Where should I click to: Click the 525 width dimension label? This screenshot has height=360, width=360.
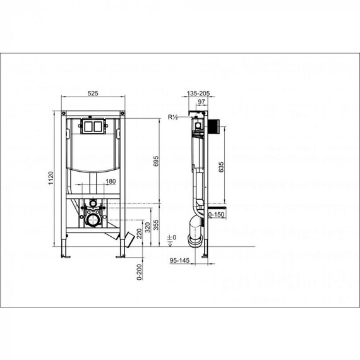(93, 93)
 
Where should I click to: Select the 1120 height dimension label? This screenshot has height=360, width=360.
(51, 178)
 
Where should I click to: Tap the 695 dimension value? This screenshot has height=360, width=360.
(156, 162)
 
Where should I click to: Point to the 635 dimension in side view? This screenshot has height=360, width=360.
(221, 167)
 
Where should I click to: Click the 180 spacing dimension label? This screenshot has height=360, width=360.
(111, 181)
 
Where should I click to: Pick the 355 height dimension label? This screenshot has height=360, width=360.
(156, 225)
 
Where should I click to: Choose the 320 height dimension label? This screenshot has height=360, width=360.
(148, 227)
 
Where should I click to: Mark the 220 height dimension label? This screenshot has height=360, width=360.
(140, 234)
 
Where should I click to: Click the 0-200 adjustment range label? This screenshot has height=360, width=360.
(140, 272)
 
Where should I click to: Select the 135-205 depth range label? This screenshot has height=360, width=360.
(198, 93)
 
